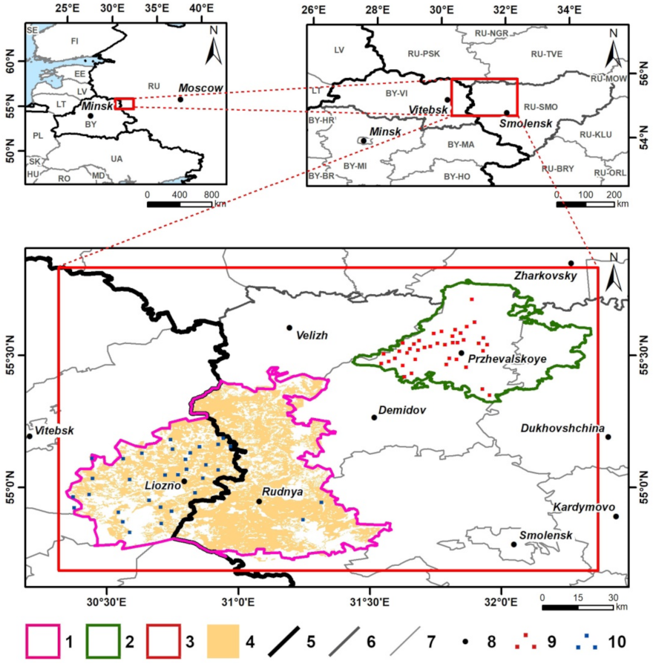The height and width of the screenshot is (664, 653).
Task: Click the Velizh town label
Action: tap(312, 336)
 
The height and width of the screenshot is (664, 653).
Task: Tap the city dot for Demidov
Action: tap(374, 417)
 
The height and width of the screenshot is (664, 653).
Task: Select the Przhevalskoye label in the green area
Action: tap(507, 359)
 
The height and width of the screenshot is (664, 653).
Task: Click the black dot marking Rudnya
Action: tap(259, 501)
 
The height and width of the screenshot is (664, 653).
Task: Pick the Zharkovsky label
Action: tap(545, 276)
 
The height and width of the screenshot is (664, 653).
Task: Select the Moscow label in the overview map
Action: tap(200, 88)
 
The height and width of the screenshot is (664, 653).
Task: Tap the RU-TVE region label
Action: tap(548, 53)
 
